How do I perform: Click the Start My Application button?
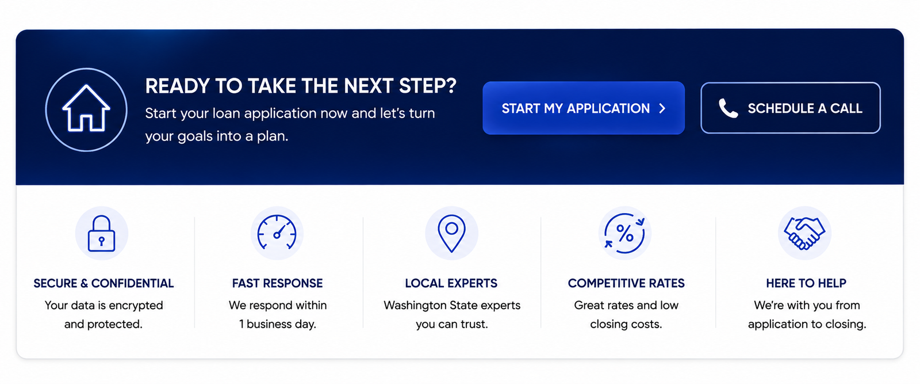click(584, 108)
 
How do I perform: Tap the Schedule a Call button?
click(791, 108)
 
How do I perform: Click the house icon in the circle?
click(86, 109)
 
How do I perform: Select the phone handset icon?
click(728, 109)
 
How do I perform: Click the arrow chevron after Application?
click(662, 109)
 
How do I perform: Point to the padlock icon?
click(101, 233)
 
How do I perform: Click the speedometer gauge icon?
click(277, 232)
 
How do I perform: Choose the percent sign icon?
click(624, 234)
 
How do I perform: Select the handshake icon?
click(804, 233)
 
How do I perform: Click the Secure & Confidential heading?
click(103, 283)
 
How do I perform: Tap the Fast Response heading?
click(277, 283)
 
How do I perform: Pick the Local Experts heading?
click(451, 283)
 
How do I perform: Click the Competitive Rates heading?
click(626, 283)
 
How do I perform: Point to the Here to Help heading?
click(806, 283)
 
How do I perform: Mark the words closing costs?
click(626, 324)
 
